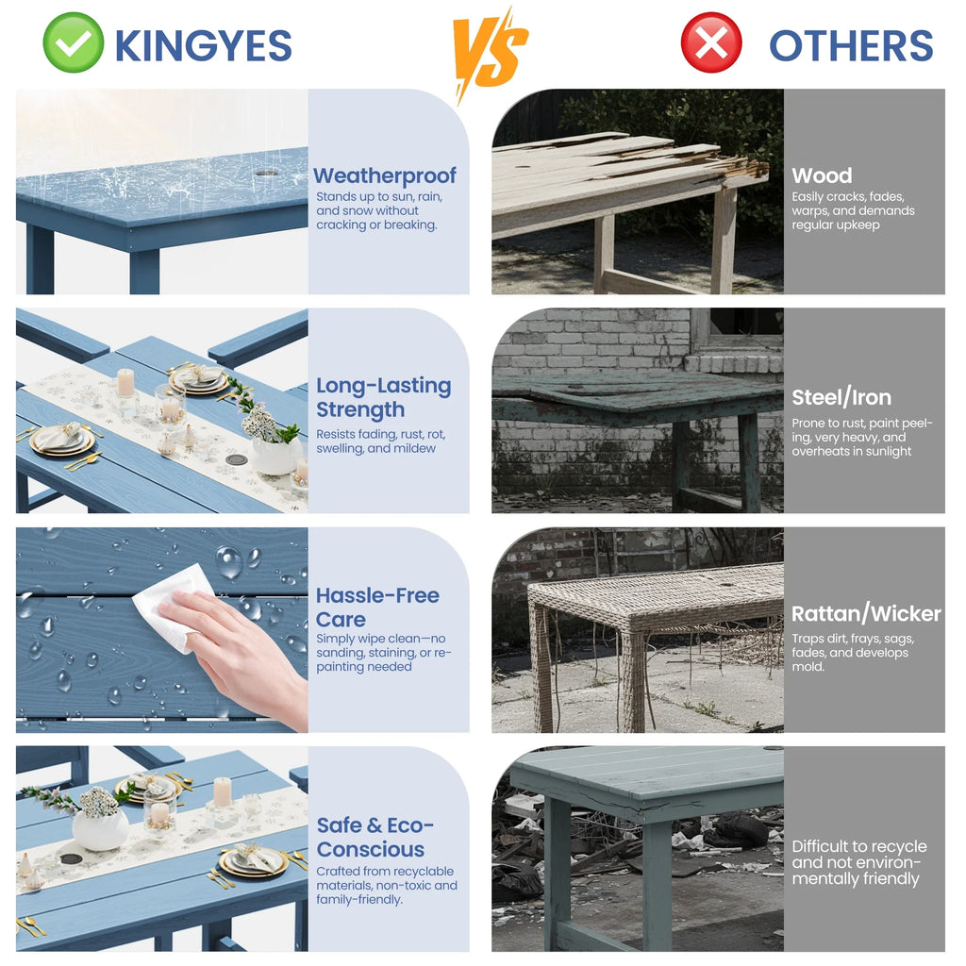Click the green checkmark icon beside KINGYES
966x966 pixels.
[x=74, y=42]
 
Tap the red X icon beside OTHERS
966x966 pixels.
[x=711, y=42]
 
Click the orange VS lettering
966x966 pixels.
[x=491, y=53]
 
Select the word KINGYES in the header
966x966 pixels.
[x=204, y=45]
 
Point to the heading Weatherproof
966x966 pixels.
[x=385, y=175]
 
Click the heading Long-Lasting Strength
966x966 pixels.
[x=383, y=397]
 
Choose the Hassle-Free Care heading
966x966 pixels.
[x=377, y=607]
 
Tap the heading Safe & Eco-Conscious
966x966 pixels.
[x=375, y=838]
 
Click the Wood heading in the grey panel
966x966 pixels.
[x=822, y=175]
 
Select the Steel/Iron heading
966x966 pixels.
[x=841, y=397]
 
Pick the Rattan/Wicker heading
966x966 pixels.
[x=866, y=613]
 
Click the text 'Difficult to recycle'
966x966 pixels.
[x=859, y=846]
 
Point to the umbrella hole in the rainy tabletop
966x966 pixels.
[x=266, y=174]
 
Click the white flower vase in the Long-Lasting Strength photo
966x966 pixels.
[x=275, y=455]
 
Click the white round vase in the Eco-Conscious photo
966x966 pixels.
[x=100, y=828]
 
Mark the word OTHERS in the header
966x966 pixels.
[x=851, y=45]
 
